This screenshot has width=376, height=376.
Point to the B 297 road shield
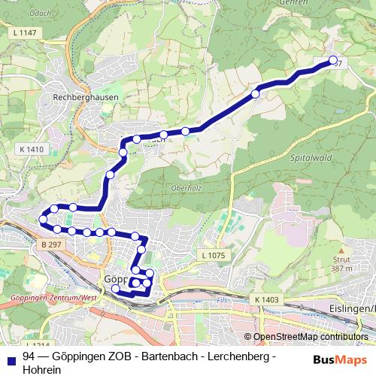pyautogui.click(x=51, y=245)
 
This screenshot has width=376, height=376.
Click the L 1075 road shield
pyautogui.click(x=214, y=256)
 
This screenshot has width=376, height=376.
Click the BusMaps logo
pyautogui.click(x=335, y=359)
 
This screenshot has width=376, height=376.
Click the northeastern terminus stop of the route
pyautogui.click(x=334, y=61)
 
